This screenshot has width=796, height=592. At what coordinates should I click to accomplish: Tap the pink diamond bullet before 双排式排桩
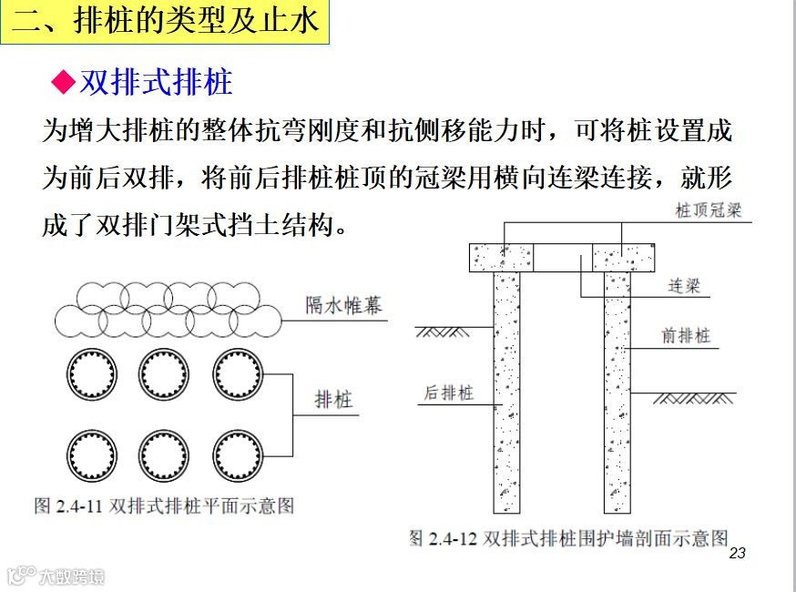pyautogui.click(x=62, y=83)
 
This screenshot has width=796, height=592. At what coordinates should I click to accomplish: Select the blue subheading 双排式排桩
pyautogui.click(x=156, y=83)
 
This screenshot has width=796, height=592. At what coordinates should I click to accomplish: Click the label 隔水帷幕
pyautogui.click(x=344, y=304)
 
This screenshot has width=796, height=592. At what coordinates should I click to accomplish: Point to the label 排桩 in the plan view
pyautogui.click(x=334, y=399)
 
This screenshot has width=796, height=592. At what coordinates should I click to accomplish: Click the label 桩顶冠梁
pyautogui.click(x=709, y=210)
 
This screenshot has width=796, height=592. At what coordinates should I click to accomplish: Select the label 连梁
pyautogui.click(x=684, y=286)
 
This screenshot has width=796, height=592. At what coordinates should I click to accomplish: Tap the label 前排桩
pyautogui.click(x=686, y=336)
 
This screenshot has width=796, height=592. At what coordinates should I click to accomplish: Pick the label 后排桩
pyautogui.click(x=448, y=393)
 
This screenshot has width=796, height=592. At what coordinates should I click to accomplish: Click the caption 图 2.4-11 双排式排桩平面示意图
pyautogui.click(x=164, y=505)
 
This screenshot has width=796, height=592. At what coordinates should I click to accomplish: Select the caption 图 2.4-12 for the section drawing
pyautogui.click(x=569, y=537)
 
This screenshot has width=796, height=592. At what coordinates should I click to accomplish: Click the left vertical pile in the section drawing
pyautogui.click(x=507, y=392)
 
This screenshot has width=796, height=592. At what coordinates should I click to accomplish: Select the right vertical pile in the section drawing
pyautogui.click(x=617, y=392)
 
